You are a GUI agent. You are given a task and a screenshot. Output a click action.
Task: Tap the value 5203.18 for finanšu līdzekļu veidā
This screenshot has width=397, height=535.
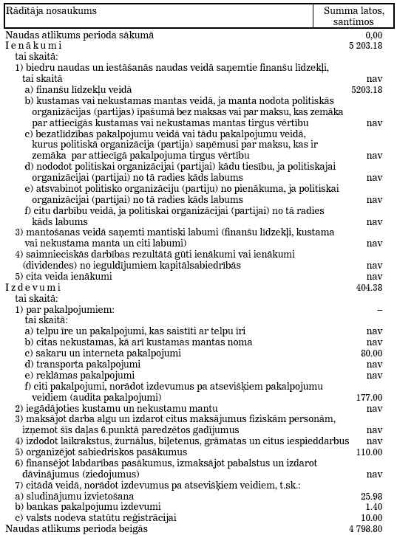pyautogui.click(x=367, y=89)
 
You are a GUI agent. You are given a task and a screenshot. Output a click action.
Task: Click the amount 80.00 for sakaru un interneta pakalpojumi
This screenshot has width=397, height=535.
pyautogui.click(x=371, y=353)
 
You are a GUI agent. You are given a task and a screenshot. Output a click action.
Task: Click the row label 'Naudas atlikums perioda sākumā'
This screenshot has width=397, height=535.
pyautogui.click(x=79, y=35)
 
